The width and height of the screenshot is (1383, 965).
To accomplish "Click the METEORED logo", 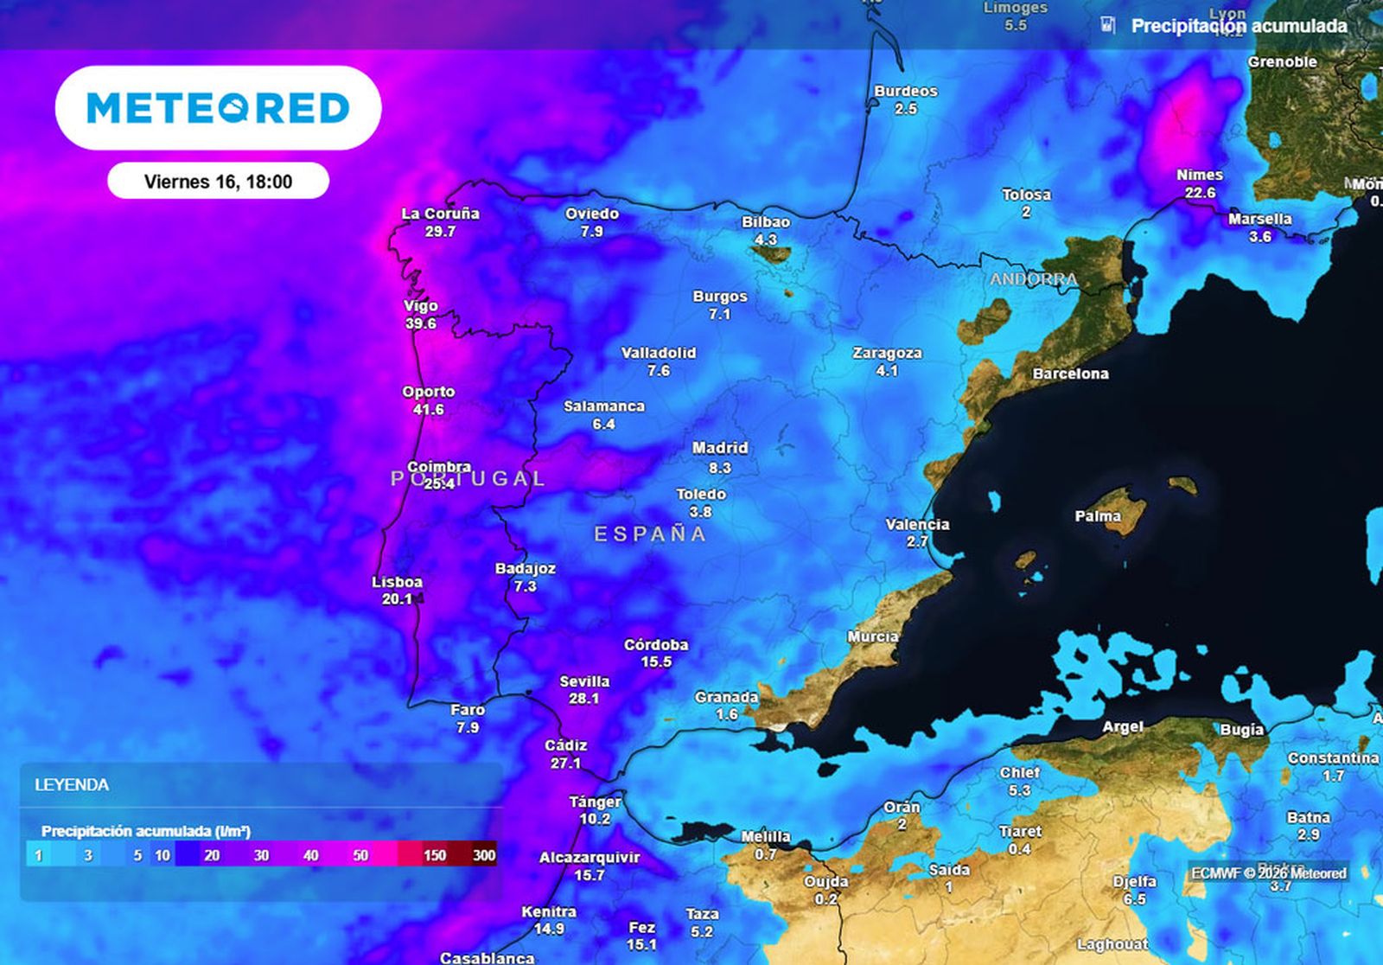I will pos(218,108).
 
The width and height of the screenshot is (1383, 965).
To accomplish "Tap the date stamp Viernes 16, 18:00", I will pos(218,182).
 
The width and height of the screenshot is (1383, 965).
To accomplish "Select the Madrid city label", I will pos(719,448).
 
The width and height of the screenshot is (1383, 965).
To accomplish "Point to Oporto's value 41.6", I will pos(429,409).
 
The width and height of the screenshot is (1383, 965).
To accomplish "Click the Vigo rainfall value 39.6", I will pos(421,323).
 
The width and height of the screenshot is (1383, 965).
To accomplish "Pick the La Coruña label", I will pos(440,214).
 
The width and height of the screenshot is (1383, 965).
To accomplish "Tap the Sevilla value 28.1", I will pos(583,699).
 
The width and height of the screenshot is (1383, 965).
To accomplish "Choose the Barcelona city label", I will pos(1070,374).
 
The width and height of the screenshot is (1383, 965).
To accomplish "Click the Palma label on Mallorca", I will pos(1098,516).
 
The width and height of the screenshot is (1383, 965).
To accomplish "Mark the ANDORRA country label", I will pos(1034,279).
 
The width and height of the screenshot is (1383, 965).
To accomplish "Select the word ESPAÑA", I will pos(650,534).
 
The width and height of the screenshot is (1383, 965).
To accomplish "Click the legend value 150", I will pos(435,855).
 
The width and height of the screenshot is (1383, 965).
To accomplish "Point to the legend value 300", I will pos(484,855).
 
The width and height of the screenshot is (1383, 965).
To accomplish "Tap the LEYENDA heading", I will pos(72,785).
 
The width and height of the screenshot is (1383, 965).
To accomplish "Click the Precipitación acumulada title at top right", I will pos(1239,26).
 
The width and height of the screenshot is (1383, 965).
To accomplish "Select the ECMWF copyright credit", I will pos(1269,873).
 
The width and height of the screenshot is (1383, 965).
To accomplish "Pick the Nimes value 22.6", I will pos(1200,193).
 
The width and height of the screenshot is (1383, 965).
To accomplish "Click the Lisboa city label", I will pos(397,582).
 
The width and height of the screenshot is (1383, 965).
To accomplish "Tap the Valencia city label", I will pos(917,524).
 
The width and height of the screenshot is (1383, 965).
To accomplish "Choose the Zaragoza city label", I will pos(887,353).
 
